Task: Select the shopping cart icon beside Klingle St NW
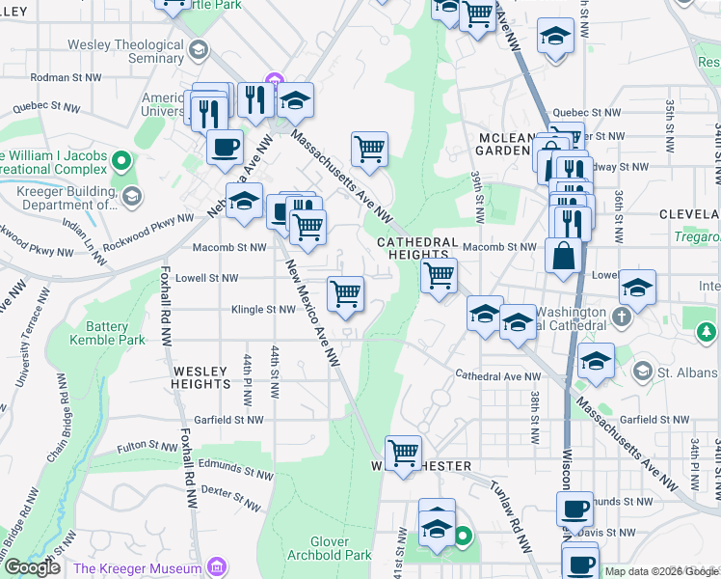[x=345, y=294]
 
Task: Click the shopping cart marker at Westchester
[x=403, y=453]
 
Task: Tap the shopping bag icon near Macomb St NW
[x=563, y=257]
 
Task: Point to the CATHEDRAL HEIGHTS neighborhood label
[x=413, y=247]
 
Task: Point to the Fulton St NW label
[x=146, y=448]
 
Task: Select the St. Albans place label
[x=688, y=372]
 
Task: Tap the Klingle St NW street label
[x=262, y=310]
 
